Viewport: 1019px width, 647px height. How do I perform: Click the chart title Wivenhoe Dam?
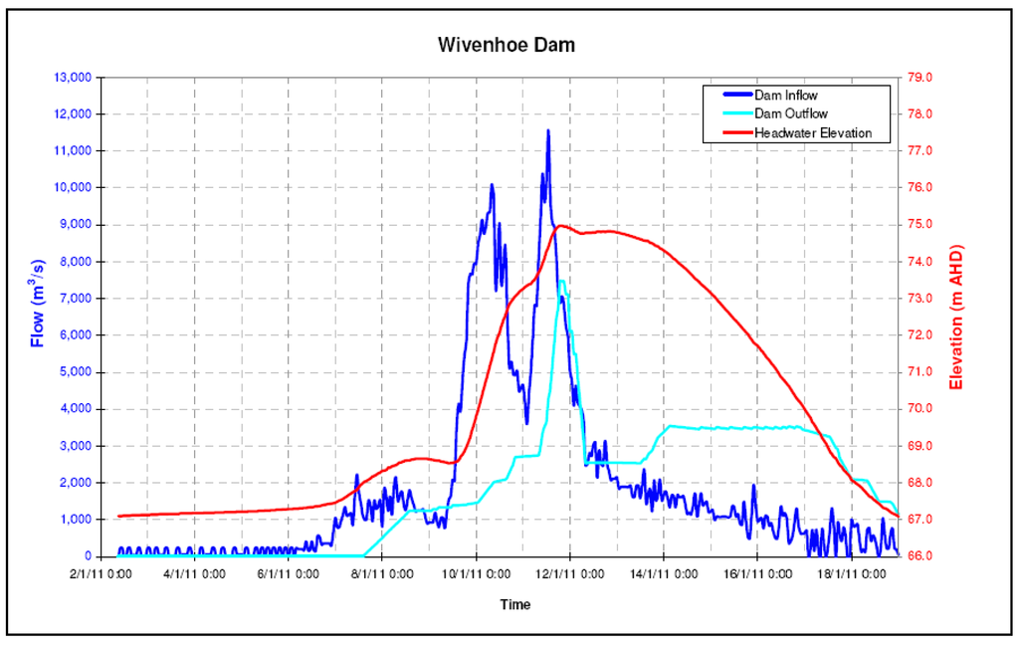click(507, 46)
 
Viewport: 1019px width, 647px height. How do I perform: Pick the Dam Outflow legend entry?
click(790, 114)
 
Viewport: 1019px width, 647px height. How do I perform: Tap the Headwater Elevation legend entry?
click(812, 132)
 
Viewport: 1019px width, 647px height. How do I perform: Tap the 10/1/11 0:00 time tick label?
click(477, 574)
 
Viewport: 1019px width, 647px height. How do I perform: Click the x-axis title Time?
click(515, 604)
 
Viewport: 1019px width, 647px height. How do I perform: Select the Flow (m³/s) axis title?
click(39, 303)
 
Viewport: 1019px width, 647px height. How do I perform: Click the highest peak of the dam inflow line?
click(547, 130)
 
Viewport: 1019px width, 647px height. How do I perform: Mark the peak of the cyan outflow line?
click(562, 282)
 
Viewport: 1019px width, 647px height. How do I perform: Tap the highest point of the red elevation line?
click(561, 226)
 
